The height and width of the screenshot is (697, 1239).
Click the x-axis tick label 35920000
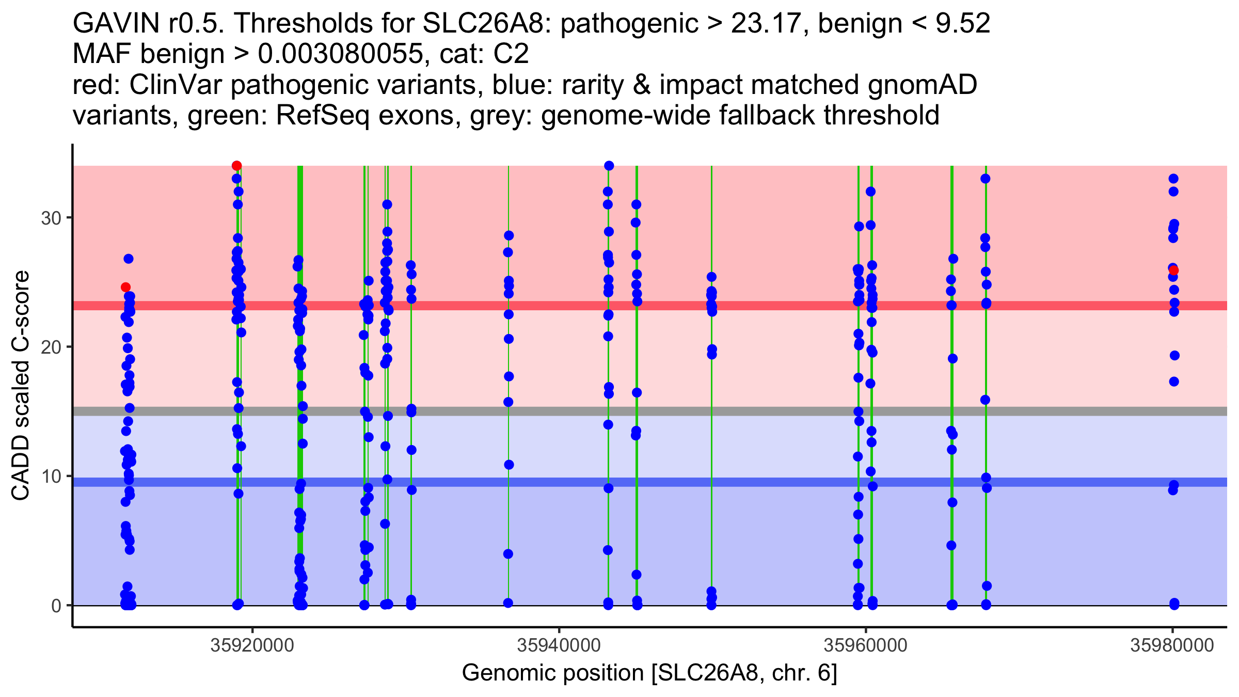(252, 645)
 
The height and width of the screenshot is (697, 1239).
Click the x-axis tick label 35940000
(559, 645)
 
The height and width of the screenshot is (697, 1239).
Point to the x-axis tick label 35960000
(865, 645)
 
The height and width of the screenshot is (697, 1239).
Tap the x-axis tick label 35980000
(1172, 645)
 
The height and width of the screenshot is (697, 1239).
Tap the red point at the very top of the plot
(236, 166)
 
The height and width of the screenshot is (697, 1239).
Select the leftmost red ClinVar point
(125, 287)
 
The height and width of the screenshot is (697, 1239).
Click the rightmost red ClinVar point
(1173, 270)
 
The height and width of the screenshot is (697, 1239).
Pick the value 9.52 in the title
(963, 23)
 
